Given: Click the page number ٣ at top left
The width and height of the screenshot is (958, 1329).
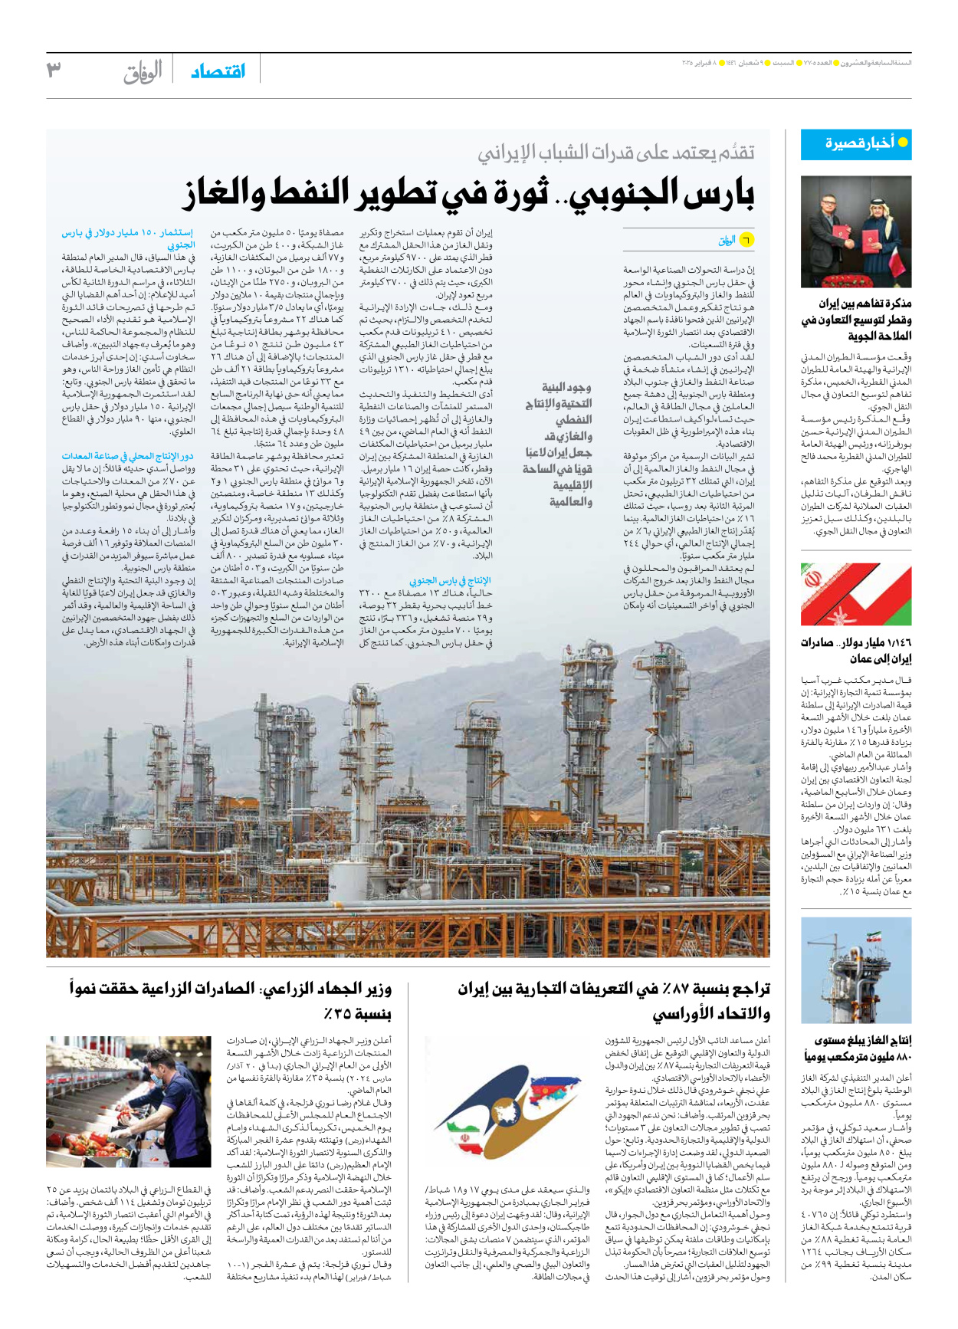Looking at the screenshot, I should point(54,70).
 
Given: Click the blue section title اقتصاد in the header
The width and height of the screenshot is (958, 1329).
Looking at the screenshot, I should point(218,71).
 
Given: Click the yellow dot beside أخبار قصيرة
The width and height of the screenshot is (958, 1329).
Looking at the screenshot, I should point(903,143).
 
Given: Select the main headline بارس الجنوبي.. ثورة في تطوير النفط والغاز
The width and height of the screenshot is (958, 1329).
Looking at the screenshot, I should point(468,192).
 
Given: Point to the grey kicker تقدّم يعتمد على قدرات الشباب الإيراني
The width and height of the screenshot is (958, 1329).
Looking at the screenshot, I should point(616,153).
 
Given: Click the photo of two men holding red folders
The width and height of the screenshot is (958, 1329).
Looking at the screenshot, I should point(856,231).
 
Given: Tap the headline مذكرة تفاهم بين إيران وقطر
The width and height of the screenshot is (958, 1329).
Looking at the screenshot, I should point(857,320).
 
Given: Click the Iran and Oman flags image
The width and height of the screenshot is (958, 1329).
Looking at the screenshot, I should point(856,595).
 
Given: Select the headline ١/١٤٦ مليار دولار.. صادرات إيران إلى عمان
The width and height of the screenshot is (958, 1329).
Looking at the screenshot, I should point(857,650).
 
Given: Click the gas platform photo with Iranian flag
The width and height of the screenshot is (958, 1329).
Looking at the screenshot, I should point(856,970).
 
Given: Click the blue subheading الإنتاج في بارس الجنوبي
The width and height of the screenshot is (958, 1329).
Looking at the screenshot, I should point(450,580).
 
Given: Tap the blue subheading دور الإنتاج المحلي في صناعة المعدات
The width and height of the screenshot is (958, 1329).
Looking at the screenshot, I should point(128,456).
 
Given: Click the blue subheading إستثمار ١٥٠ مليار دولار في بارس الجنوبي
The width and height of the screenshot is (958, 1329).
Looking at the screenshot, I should point(128,238).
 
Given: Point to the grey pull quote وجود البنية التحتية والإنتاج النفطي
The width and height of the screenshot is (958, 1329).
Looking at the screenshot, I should point(559,445).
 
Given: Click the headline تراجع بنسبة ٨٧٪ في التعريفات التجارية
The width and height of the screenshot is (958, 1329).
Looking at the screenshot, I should point(614,1001).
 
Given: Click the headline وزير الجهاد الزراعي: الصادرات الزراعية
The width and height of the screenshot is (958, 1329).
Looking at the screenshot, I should point(231,1001).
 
